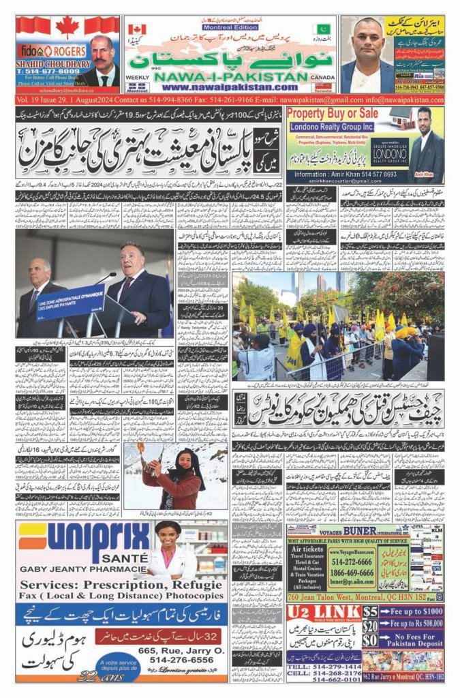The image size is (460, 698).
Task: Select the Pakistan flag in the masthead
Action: [323, 29]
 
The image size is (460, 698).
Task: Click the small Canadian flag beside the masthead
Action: [137, 30]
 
